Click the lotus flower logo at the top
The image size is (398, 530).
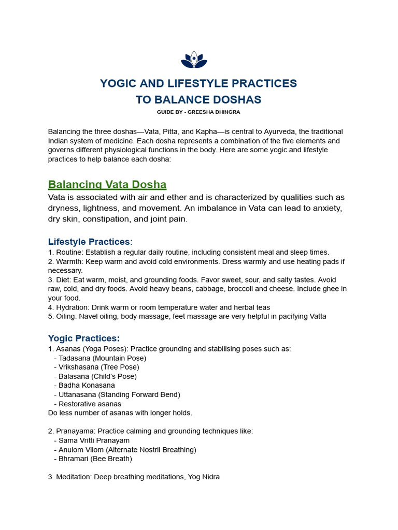(x=194, y=60)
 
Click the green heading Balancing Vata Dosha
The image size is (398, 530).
(x=107, y=185)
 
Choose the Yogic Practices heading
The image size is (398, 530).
(x=84, y=338)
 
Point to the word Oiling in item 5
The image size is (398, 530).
(x=66, y=316)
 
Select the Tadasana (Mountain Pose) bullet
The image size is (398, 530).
(x=102, y=358)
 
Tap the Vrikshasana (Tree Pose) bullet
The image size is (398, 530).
(x=98, y=367)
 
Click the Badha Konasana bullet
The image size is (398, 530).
(x=87, y=386)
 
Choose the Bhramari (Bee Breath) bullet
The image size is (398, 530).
(x=95, y=459)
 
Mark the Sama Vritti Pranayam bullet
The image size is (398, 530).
(x=94, y=440)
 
